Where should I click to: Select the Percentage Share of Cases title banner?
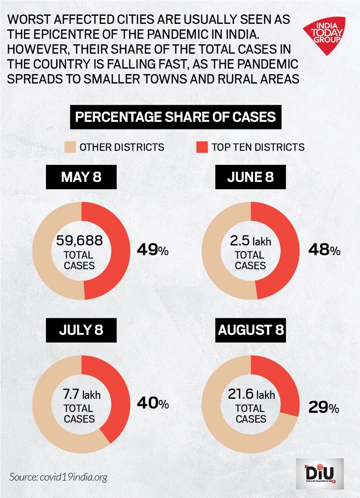click(x=175, y=117)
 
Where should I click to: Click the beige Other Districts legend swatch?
click(x=69, y=147)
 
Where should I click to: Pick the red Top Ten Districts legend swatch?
click(x=201, y=147)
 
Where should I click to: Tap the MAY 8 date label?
click(x=81, y=177)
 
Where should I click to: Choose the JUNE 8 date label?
click(x=250, y=177)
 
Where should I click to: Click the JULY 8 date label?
click(x=81, y=330)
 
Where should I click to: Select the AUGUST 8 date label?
click(x=251, y=330)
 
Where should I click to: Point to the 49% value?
click(x=152, y=250)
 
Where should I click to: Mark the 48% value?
click(x=324, y=250)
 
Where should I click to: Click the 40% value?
click(x=152, y=403)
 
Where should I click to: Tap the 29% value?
click(x=323, y=409)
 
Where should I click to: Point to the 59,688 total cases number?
click(x=80, y=241)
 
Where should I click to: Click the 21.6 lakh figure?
click(x=251, y=395)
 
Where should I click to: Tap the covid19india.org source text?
click(x=58, y=476)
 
